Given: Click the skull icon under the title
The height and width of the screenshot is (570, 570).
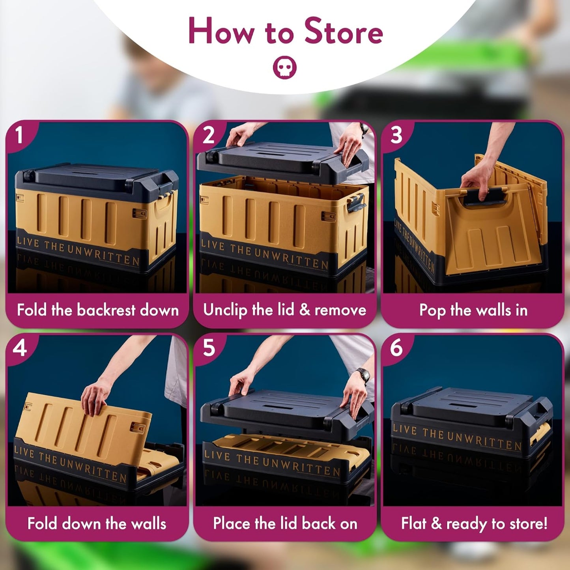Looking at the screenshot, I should point(284,68).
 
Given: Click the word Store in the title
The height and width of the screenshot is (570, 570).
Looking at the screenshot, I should point(343,32).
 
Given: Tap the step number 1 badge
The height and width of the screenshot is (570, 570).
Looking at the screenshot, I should point(19,135).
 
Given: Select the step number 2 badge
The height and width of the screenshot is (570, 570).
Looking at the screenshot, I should point(208,135).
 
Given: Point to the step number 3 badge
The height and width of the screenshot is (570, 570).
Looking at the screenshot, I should point(396,135).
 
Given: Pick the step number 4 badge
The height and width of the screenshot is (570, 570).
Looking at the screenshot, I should point(20,348).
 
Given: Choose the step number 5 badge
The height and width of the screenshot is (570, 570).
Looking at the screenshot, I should point(209,348).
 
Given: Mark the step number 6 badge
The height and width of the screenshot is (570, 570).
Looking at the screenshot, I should point(396,348).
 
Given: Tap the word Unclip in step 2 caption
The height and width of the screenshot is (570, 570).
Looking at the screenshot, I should point(225,310).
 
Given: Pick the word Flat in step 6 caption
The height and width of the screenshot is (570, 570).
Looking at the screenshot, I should point(414,523).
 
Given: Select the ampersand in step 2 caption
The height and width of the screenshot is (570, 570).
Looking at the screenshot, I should point(305,310).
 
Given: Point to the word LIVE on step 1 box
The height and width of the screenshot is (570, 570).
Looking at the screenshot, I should point(28,242).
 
